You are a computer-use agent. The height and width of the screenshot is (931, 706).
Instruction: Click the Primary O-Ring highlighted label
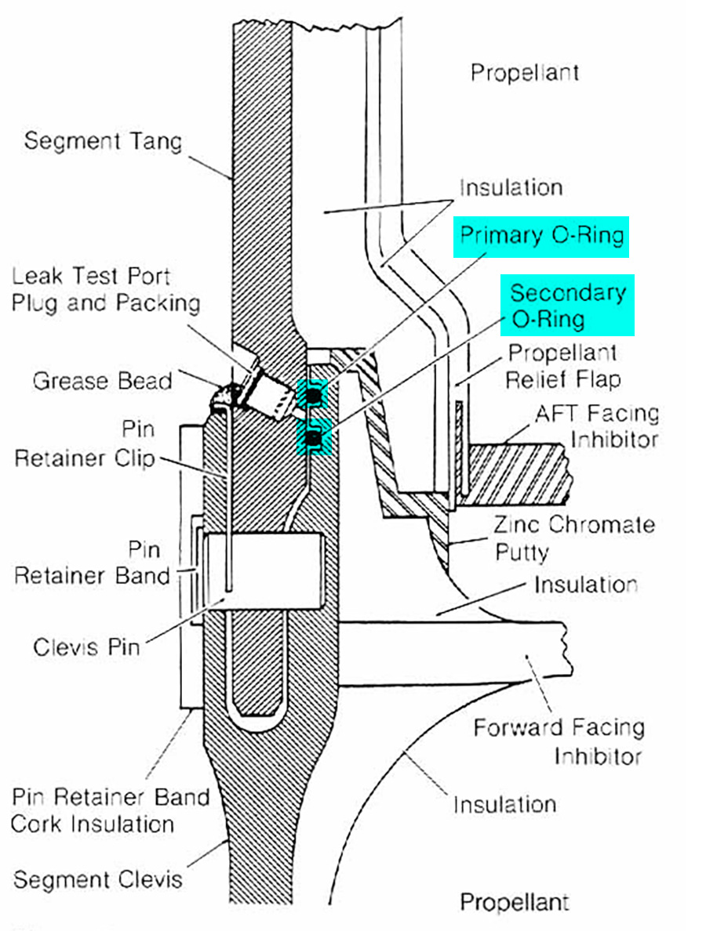(x=541, y=236)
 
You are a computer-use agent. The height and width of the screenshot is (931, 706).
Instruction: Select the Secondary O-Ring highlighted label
(x=568, y=306)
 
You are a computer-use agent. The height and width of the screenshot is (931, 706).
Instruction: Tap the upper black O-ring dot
(x=314, y=397)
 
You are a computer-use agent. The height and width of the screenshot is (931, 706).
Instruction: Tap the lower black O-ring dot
(x=314, y=440)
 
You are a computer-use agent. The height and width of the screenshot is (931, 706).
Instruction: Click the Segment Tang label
(x=103, y=142)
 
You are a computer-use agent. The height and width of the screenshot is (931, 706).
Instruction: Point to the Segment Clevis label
(x=97, y=879)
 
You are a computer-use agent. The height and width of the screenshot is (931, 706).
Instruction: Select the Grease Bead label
(x=102, y=382)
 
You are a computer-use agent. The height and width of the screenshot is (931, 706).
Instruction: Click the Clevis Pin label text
(x=86, y=647)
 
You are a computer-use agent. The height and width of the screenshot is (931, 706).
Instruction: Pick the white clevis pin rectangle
(x=267, y=571)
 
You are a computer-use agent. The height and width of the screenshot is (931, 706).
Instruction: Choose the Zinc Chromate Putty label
(x=574, y=538)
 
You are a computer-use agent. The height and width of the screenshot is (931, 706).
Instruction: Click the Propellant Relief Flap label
(x=562, y=366)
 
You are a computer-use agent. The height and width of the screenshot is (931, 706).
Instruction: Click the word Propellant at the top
(x=525, y=73)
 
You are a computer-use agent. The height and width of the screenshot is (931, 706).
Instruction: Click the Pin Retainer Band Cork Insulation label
(x=111, y=810)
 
